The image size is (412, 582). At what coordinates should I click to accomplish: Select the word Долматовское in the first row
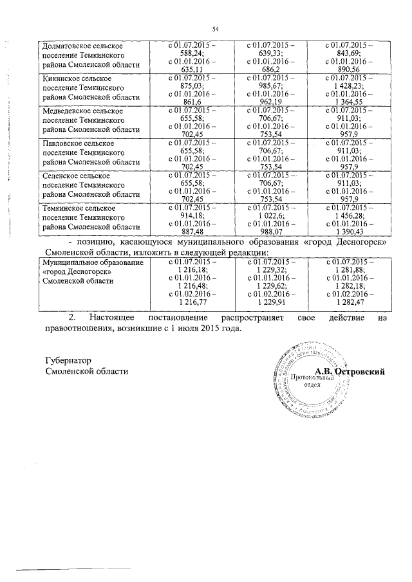pos(66,47)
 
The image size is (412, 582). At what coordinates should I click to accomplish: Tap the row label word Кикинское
pos(59,78)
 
